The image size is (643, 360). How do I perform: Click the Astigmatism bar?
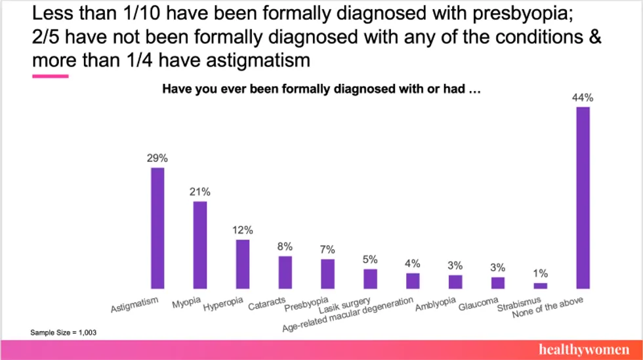pyautogui.click(x=157, y=228)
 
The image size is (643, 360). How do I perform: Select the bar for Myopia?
pyautogui.click(x=200, y=245)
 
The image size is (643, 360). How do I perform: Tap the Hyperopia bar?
pyautogui.click(x=243, y=264)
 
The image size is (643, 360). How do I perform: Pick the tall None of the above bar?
pyautogui.click(x=583, y=197)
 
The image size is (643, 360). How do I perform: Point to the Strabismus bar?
pyautogui.click(x=540, y=285)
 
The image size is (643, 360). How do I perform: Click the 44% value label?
pyautogui.click(x=583, y=98)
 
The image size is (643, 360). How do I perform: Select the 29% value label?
pyautogui.click(x=157, y=158)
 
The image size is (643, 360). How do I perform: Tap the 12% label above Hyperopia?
pyautogui.click(x=242, y=230)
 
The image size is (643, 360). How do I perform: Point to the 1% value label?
pyautogui.click(x=540, y=273)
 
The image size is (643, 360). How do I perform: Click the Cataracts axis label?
pyautogui.click(x=266, y=304)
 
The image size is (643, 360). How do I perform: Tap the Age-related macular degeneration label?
pyautogui.click(x=348, y=314)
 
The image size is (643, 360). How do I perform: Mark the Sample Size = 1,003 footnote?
pyautogui.click(x=63, y=332)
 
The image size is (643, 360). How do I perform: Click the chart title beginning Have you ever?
pyautogui.click(x=322, y=90)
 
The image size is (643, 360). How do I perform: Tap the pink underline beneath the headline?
pyautogui.click(x=51, y=76)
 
